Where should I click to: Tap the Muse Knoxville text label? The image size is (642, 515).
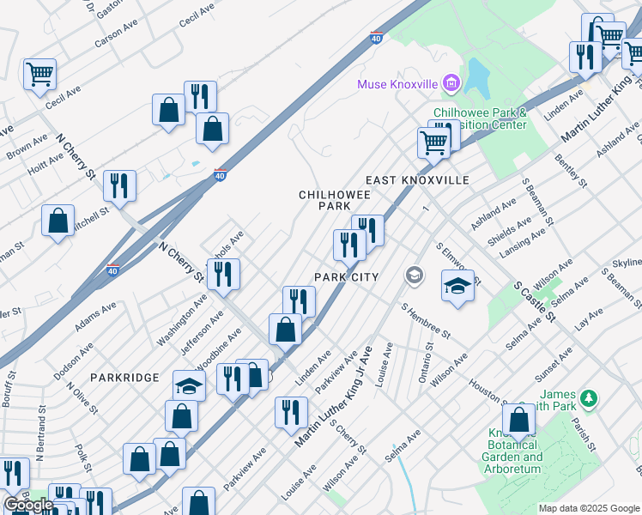(398, 83)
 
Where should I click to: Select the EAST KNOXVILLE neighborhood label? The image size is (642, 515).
(417, 180)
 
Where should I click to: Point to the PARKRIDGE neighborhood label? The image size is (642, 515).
(124, 378)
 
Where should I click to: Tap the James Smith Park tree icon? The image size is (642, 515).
(588, 398)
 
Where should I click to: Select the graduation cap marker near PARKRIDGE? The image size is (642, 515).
(189, 386)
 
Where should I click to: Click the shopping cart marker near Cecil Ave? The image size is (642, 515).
(39, 75)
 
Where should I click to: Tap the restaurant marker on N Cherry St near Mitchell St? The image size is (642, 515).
(119, 187)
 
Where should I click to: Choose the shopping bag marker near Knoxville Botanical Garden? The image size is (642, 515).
(518, 421)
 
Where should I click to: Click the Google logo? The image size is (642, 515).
(28, 505)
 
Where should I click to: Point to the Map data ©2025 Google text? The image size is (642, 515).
(589, 508)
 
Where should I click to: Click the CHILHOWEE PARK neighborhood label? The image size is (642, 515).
(324, 201)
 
